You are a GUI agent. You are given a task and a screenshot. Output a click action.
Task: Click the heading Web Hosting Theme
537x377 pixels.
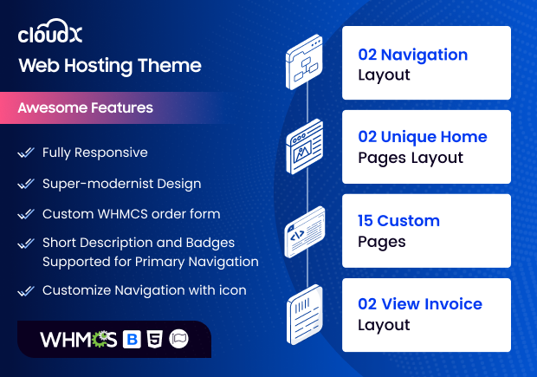pos(110,66)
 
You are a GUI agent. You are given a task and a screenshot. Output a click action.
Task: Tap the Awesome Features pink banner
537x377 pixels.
pos(87,108)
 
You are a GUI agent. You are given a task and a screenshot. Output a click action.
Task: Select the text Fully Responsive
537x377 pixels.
pos(95,153)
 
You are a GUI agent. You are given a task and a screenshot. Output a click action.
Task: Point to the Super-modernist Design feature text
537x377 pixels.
pos(121,184)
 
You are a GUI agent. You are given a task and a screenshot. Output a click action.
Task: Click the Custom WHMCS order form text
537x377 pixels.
pos(131,214)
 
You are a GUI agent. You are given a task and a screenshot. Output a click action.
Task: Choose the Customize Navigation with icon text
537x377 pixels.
pos(144,290)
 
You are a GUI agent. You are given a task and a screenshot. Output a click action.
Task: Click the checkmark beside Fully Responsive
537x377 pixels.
pos(26,153)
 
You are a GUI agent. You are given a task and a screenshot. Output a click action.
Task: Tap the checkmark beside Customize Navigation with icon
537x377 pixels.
pos(26,291)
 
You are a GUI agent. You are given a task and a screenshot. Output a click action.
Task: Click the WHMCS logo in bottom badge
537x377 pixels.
pos(78,339)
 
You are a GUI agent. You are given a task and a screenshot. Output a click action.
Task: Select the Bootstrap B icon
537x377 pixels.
pos(133,339)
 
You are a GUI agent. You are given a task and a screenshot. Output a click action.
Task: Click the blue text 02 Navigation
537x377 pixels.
pos(413,54)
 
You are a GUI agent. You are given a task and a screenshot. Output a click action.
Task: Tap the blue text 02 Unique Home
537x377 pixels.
pos(423,137)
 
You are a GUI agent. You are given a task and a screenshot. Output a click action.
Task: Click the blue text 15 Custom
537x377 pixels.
pos(399,220)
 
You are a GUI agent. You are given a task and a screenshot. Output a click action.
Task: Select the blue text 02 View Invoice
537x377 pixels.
pos(420,303)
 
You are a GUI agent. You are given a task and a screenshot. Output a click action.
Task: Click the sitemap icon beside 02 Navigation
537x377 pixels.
pos(305,62)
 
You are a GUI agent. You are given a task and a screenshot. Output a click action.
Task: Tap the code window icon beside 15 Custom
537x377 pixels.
pos(305,230)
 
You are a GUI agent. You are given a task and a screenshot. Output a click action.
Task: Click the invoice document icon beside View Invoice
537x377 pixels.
pos(305,313)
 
